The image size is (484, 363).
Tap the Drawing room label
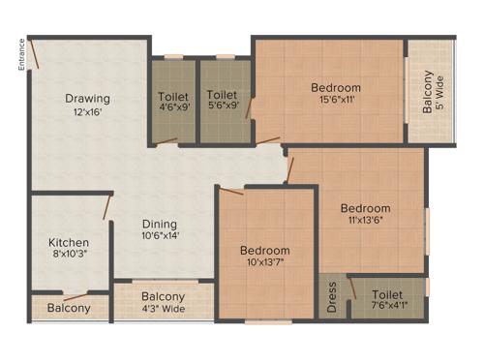[87, 99]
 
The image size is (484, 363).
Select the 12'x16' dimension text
[87, 112]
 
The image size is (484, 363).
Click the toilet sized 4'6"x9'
[173, 102]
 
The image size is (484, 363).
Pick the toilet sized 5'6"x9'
[223, 102]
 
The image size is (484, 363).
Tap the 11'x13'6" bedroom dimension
[365, 221]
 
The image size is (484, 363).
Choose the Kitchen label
[70, 243]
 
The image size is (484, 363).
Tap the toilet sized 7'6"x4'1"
[387, 300]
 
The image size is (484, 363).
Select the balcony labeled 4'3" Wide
[164, 303]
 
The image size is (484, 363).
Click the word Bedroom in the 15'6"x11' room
[336, 88]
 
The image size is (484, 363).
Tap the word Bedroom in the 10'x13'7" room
[265, 250]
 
